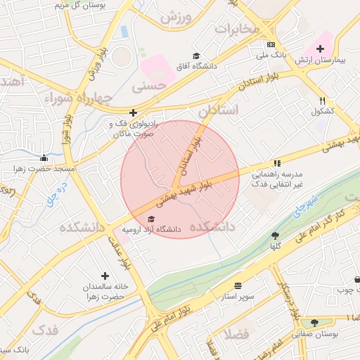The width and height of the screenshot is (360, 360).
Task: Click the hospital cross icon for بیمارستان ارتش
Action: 321,49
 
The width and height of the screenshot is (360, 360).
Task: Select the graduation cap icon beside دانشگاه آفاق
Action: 196,56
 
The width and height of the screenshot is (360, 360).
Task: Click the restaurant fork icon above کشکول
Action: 322,101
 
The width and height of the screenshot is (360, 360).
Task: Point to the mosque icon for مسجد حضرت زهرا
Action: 44,157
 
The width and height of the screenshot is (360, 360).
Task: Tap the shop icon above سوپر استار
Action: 238,285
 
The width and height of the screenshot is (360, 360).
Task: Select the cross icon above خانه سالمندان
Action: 105,276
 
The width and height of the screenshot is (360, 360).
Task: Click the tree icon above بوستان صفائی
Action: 314,323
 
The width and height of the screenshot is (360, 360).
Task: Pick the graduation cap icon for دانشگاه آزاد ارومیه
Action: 151,219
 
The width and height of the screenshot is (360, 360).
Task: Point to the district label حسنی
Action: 150,87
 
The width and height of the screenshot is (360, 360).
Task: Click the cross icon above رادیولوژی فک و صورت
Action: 133,112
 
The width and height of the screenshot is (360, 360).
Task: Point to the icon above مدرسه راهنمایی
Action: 277,162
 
